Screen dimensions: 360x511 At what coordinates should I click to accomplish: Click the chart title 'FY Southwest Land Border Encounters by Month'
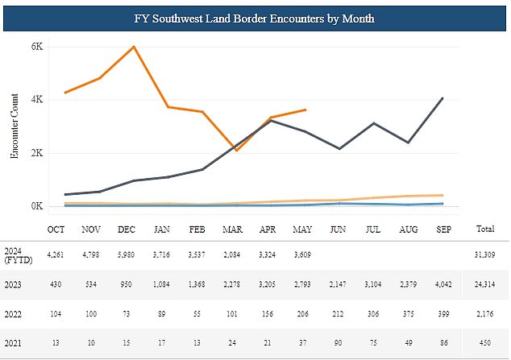(x=255, y=17)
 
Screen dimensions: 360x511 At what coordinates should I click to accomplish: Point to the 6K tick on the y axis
(x=37, y=47)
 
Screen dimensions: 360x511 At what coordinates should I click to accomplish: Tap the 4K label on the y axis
(x=37, y=100)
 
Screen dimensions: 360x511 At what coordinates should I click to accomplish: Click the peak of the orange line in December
(x=134, y=47)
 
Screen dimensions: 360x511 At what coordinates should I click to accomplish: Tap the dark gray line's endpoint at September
(x=442, y=98)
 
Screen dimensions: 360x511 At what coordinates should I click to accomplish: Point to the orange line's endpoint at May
(x=305, y=110)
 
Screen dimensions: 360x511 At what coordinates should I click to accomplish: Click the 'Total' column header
(x=485, y=229)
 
